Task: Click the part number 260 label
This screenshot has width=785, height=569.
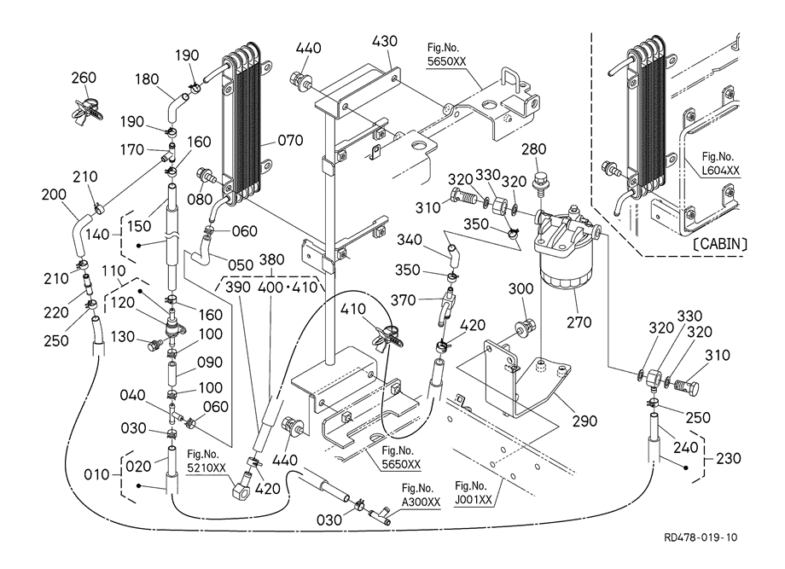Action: tap(83, 78)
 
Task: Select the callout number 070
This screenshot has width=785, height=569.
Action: tap(289, 141)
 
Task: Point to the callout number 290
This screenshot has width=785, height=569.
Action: tap(584, 421)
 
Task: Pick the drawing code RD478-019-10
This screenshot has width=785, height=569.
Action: tap(702, 538)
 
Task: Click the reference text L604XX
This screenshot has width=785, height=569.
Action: tap(720, 171)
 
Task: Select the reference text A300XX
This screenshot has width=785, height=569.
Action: tap(422, 502)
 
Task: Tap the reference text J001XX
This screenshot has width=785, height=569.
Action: tap(474, 498)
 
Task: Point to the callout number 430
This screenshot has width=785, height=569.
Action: tap(385, 40)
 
